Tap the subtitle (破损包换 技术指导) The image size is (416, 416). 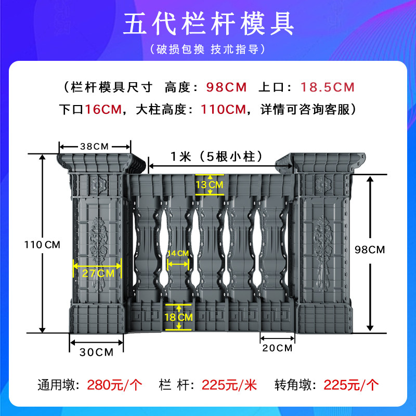click(x=208, y=50)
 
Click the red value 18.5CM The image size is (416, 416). click(x=322, y=86)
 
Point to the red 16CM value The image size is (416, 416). click(x=102, y=109)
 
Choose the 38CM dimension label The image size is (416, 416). click(x=94, y=146)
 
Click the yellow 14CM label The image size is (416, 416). click(x=178, y=253)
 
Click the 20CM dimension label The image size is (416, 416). click(x=277, y=348)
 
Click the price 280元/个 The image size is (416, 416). click(x=117, y=385)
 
